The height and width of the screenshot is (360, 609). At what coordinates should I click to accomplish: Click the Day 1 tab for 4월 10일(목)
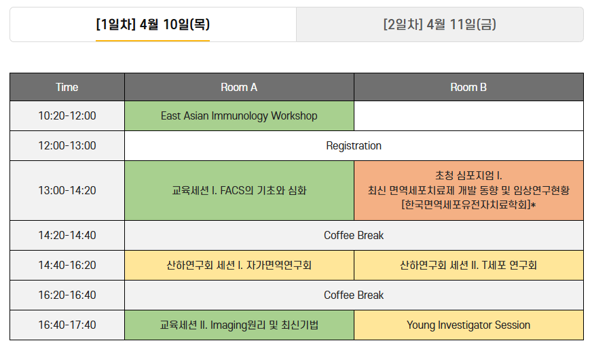(153, 24)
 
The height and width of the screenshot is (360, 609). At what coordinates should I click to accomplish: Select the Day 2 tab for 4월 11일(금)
(440, 24)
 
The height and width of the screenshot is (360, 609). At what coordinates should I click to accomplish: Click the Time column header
(67, 87)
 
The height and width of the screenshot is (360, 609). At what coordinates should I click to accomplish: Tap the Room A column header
(239, 87)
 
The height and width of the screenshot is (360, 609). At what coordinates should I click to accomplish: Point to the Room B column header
(468, 87)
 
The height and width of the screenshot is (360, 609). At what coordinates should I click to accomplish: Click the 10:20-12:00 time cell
(67, 116)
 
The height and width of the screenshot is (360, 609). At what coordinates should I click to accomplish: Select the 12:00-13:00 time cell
(67, 146)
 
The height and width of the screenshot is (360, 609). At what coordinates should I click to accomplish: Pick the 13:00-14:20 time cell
(67, 190)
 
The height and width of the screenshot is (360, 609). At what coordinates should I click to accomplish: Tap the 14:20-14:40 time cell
(67, 235)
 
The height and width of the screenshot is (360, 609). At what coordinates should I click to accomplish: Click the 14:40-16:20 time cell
(67, 265)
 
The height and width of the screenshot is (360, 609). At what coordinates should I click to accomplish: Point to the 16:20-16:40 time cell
(67, 295)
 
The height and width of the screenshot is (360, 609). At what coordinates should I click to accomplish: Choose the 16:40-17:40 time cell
(67, 325)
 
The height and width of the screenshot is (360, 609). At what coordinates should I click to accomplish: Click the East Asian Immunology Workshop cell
(239, 116)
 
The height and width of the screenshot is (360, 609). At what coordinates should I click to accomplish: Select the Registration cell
(354, 146)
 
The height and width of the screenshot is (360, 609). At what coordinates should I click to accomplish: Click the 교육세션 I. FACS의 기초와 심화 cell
(239, 190)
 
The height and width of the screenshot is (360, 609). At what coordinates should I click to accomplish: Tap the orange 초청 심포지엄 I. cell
(468, 190)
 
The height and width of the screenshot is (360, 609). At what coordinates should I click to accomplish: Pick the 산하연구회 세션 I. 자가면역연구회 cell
(239, 265)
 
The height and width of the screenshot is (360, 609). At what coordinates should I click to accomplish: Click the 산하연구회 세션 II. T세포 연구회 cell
(468, 265)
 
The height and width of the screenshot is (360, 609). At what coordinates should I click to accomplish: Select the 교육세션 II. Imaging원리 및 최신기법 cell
(239, 325)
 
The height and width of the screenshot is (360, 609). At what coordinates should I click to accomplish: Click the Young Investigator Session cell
(468, 325)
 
